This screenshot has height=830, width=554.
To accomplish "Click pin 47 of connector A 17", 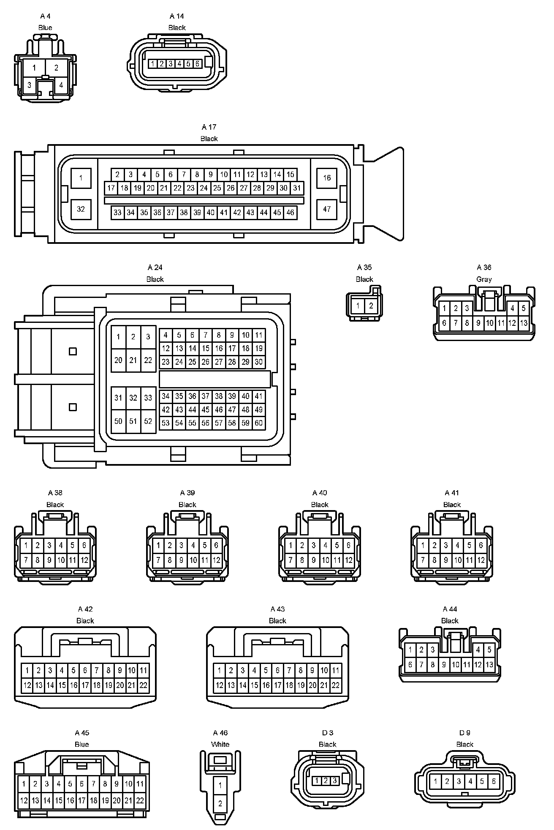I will [327, 209].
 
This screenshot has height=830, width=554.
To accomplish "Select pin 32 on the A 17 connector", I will [81, 209].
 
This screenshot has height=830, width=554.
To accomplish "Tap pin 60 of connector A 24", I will [258, 423].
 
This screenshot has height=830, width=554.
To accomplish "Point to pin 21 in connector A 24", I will [133, 360].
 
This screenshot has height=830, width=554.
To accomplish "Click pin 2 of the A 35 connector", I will [371, 306].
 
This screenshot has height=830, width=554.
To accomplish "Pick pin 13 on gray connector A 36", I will [524, 323].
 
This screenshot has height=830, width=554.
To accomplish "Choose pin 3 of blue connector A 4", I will [29, 85].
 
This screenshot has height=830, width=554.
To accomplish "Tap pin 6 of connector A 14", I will [197, 64].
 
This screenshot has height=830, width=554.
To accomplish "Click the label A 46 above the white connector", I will [220, 732].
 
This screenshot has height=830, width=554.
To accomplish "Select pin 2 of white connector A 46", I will [220, 803].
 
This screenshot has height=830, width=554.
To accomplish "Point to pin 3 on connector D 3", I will [334, 781].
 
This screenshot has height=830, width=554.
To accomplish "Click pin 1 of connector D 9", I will [435, 781].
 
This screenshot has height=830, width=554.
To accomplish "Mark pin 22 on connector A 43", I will [336, 685].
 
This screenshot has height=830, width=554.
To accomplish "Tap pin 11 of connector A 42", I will [143, 670].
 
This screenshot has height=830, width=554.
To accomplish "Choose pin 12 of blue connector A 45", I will [24, 800].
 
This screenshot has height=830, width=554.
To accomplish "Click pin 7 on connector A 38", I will [26, 560].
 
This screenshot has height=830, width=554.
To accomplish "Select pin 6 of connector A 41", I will [481, 545].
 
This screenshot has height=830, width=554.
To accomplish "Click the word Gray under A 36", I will [484, 279].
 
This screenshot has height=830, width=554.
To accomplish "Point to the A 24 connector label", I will [155, 267].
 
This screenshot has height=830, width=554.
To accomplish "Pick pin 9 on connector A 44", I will [444, 665].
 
